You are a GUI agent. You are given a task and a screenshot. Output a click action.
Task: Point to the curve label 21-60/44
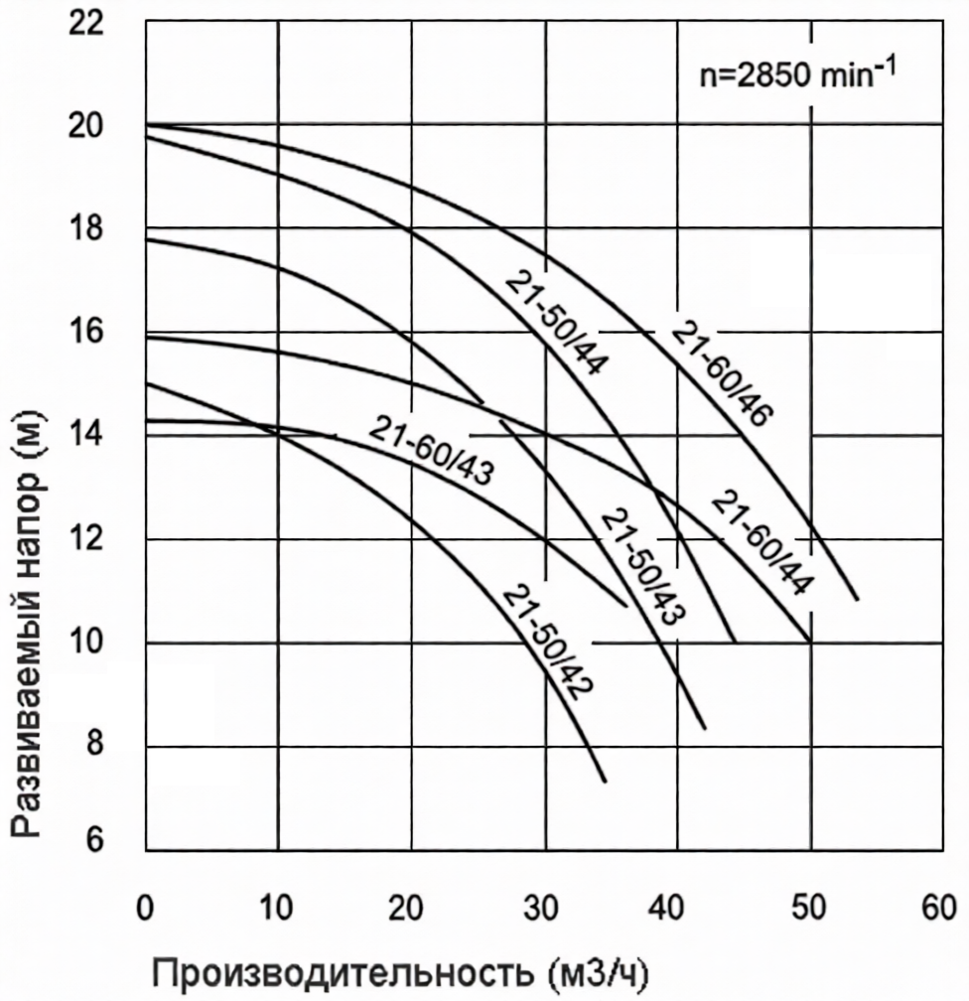click(x=761, y=542)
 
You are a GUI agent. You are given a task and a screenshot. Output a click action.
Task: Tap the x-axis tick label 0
click(x=146, y=909)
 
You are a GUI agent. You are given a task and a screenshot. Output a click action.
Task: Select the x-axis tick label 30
click(x=545, y=909)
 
